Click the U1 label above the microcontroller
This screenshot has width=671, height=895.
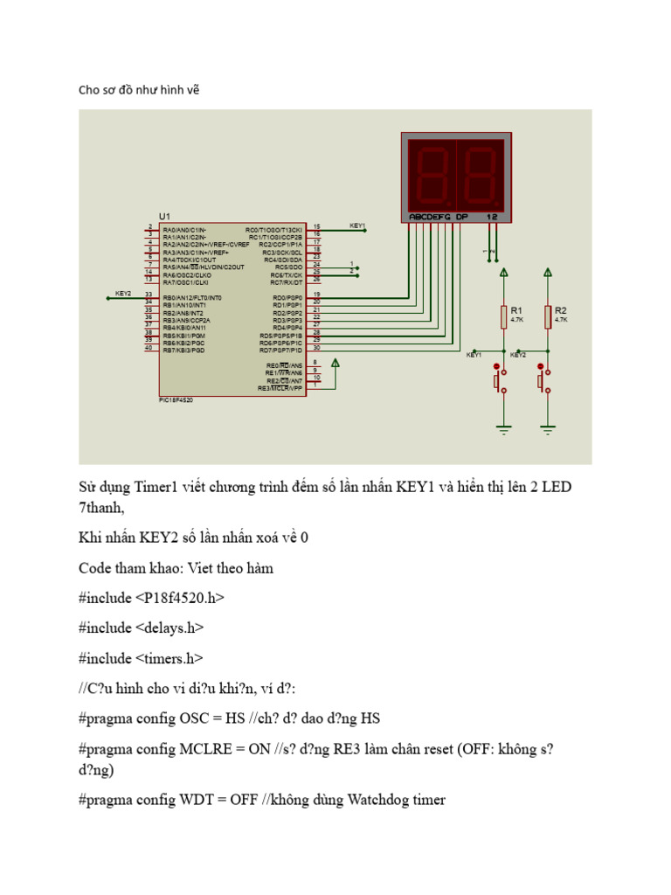pos(165,216)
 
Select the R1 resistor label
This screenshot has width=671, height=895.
pos(515,310)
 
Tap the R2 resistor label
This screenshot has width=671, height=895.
pos(560,310)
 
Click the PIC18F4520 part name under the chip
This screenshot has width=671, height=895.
pos(176,399)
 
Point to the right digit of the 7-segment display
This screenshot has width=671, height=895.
pos(477,173)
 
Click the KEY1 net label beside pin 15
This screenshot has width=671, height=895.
pos(357,225)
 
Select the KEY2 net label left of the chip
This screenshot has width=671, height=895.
pos(123,294)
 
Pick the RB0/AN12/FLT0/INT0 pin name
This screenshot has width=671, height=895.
pos(192,298)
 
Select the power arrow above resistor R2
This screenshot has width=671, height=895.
pos(548,273)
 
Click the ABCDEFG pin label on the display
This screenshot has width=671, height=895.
pos(429,216)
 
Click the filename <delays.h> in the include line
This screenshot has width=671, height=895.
pos(177,627)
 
